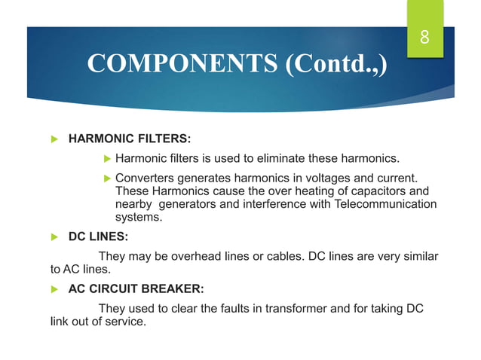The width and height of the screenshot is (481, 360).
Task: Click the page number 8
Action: [x=424, y=36]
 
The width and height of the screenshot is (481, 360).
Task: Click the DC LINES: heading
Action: [x=99, y=236]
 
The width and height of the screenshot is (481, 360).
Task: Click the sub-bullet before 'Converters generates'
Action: [x=106, y=178]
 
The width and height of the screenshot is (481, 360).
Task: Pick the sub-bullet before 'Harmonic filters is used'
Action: [x=106, y=158]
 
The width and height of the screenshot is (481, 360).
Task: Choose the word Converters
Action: [x=146, y=178]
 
